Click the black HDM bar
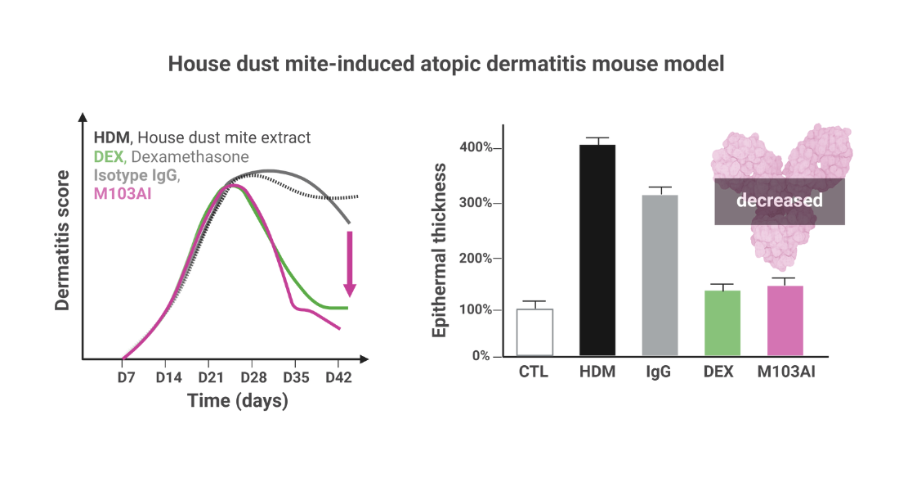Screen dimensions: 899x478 point(597,250)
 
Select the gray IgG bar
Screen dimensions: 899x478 point(660,275)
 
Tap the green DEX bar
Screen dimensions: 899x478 point(722,322)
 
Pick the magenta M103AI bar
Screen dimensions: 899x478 point(785,321)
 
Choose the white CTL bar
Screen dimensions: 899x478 point(535,332)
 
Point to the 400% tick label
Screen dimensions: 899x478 point(476,147)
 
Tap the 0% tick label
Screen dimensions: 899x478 point(481,356)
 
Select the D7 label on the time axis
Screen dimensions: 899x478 point(126,377)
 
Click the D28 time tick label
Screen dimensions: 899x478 point(253,377)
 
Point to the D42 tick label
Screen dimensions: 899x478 point(338,377)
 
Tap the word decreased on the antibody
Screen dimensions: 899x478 point(779,201)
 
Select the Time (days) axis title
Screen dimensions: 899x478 point(238,400)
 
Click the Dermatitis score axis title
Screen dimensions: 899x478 point(62,240)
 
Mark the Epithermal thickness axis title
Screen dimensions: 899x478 point(439,250)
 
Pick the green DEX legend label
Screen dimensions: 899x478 point(109,157)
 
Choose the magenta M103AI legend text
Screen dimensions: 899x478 point(123,194)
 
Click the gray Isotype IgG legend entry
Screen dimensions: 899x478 point(136,175)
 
